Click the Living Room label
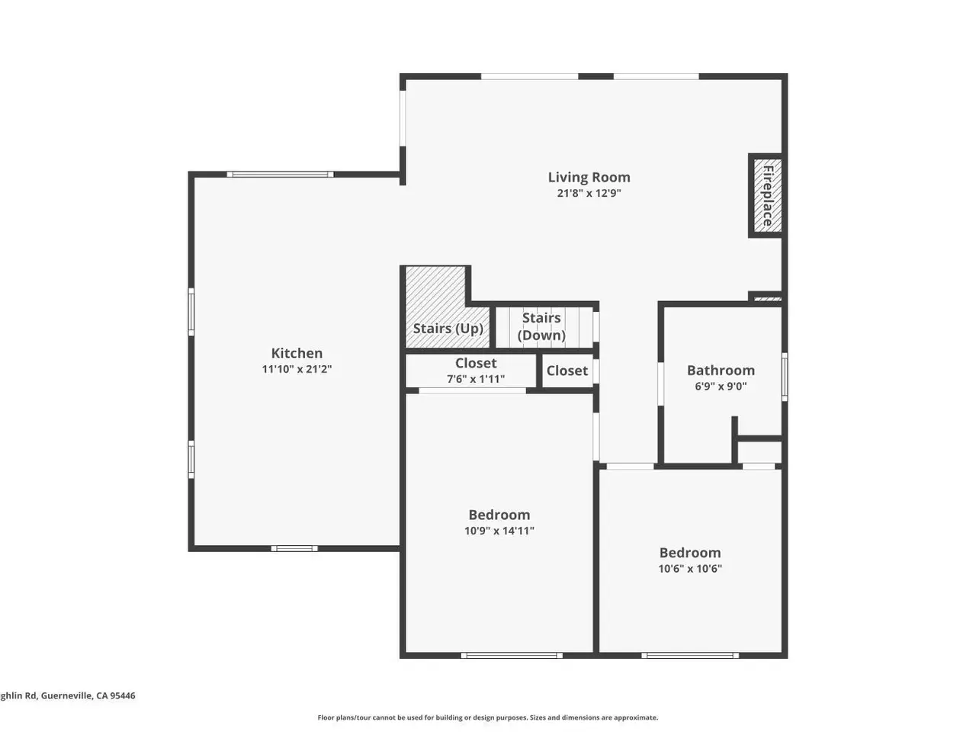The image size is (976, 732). coord(589,178)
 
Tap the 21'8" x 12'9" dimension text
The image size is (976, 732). coord(589,193)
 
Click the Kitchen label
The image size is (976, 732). coord(297,353)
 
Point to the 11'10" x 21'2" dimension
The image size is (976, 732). coord(297,369)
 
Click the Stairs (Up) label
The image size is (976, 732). coord(448,329)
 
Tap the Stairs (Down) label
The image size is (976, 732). coord(541,326)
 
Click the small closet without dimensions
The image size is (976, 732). coord(567,371)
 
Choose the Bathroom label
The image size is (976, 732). coord(721,371)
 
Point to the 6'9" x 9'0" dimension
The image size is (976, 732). coord(721,387)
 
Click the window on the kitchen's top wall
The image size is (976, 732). coord(280,174)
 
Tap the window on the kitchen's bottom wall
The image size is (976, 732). coord(294,548)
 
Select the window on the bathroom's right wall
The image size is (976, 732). coord(785,377)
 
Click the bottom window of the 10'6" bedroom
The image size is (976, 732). coord(689,655)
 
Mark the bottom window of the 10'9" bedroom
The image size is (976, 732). coord(512,655)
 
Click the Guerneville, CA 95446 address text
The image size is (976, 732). coord(88,695)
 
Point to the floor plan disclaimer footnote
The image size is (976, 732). coord(488,718)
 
